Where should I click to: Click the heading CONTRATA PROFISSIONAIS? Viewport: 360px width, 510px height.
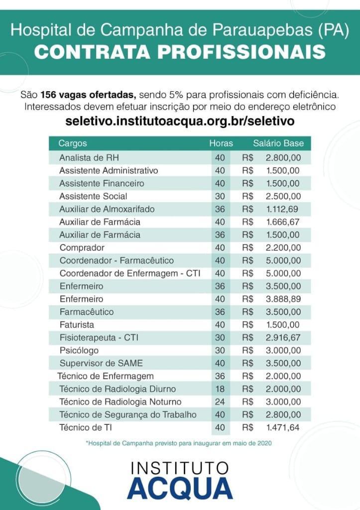pyautogui.click(x=180, y=52)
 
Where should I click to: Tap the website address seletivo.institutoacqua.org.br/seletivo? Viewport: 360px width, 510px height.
pyautogui.click(x=180, y=121)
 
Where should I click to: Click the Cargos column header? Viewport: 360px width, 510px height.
pyautogui.click(x=73, y=143)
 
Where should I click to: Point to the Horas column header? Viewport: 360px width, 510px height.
pyautogui.click(x=221, y=143)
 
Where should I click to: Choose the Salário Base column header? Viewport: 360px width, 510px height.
pyautogui.click(x=278, y=143)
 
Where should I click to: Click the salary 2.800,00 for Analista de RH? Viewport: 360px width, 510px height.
pyautogui.click(x=283, y=157)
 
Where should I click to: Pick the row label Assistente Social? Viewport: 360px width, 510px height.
pyautogui.click(x=93, y=196)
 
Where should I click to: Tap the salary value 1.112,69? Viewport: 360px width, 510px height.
pyautogui.click(x=283, y=209)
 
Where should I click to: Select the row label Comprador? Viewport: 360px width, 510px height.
pyautogui.click(x=82, y=248)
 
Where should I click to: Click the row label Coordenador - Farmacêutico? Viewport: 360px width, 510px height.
pyautogui.click(x=117, y=260)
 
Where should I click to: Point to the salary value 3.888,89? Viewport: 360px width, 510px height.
pyautogui.click(x=283, y=299)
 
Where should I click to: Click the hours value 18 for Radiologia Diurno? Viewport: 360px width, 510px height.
pyautogui.click(x=220, y=389)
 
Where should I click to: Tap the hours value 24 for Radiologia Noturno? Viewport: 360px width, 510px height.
pyautogui.click(x=220, y=402)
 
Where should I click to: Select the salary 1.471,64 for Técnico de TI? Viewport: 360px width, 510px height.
pyautogui.click(x=283, y=427)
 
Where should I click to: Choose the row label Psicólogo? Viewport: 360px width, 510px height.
pyautogui.click(x=79, y=350)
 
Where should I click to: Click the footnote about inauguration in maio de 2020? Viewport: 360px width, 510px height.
pyautogui.click(x=179, y=442)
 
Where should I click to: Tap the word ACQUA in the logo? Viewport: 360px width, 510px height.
pyautogui.click(x=180, y=488)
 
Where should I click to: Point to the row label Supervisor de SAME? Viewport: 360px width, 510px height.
pyautogui.click(x=101, y=363)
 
